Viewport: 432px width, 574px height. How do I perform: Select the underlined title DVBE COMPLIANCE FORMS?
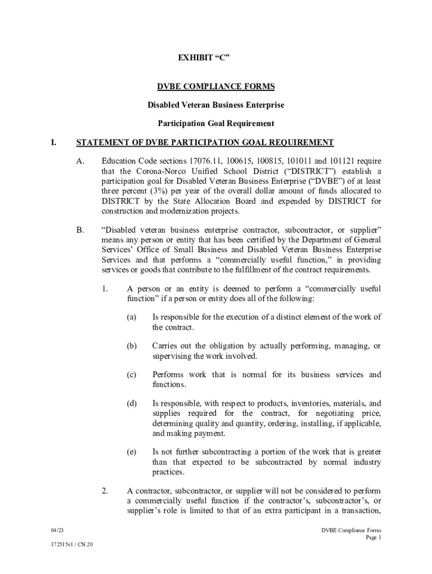pyautogui.click(x=215, y=86)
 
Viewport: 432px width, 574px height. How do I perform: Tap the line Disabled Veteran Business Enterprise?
pyautogui.click(x=215, y=105)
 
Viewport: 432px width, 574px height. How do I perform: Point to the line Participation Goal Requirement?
pyautogui.click(x=215, y=123)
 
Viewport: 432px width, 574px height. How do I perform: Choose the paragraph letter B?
pyautogui.click(x=80, y=230)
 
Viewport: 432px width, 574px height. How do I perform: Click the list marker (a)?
pyautogui.click(x=131, y=317)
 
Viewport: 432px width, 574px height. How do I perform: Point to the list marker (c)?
pyautogui.click(x=131, y=374)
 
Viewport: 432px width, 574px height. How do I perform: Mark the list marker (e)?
pyautogui.click(x=131, y=452)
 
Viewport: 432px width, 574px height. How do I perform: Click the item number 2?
pyautogui.click(x=105, y=491)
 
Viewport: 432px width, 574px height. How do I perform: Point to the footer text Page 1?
pyautogui.click(x=373, y=537)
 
